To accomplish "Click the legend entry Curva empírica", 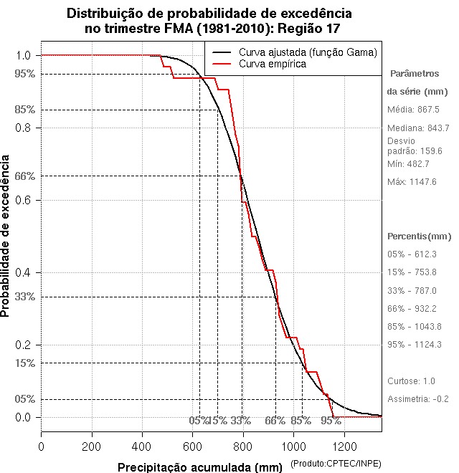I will (273, 64).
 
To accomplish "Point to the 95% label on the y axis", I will (24, 74).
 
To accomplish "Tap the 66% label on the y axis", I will (24, 176).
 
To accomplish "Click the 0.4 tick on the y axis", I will (24, 272).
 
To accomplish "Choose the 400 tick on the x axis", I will (142, 446).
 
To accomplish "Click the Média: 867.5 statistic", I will (413, 110).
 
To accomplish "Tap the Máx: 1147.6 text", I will (412, 182).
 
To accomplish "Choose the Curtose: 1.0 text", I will (411, 381).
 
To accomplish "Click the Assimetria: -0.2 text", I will (417, 398).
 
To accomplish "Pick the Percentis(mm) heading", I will (419, 236).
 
